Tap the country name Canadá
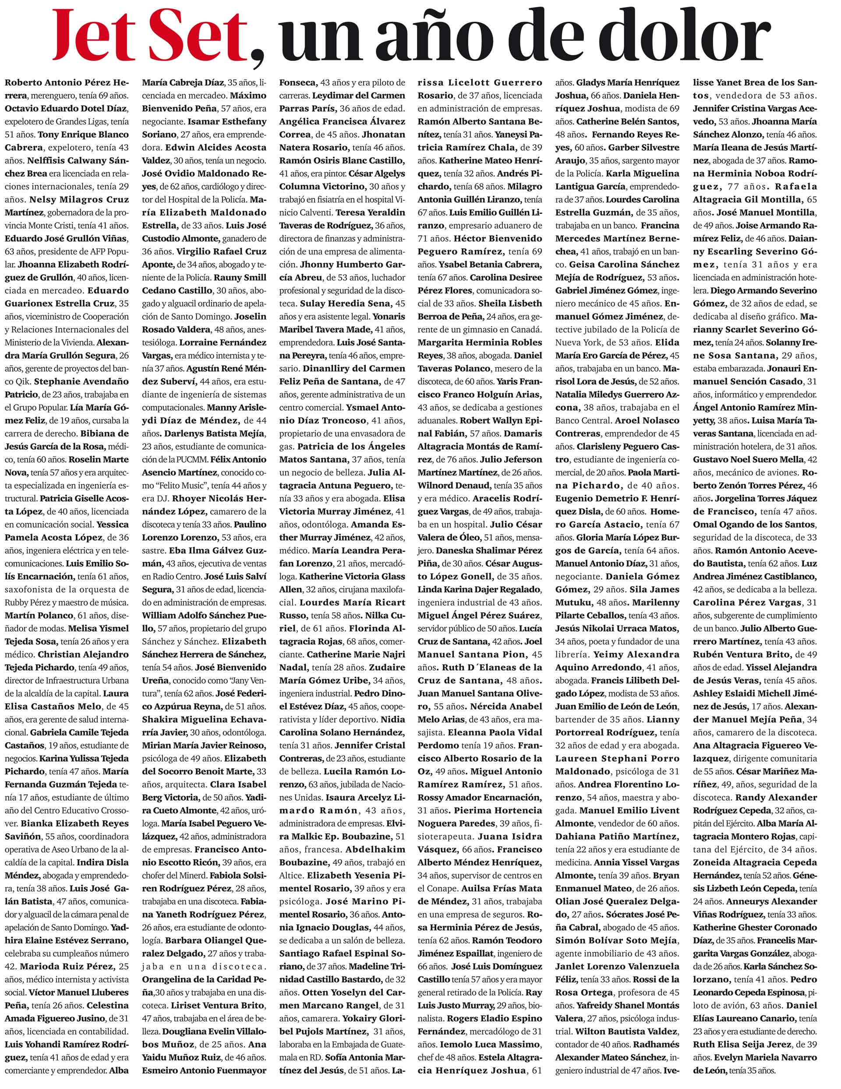(526, 329)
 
